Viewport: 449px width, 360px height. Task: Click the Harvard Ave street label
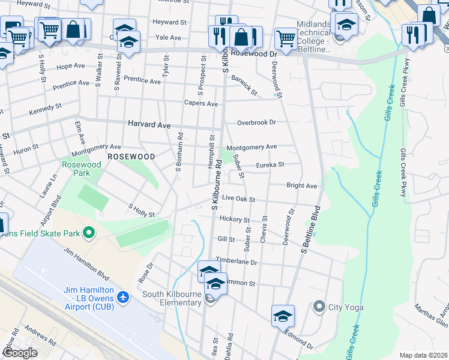pos(149,125)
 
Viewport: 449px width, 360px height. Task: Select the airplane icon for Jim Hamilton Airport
pos(123,297)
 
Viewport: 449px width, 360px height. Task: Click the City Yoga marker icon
pos(319,307)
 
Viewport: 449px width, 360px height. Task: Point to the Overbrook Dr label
pos(256,122)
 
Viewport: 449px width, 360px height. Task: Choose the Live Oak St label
pos(238,199)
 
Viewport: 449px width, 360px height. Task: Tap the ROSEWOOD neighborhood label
pos(131,156)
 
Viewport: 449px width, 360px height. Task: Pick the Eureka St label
pos(270,164)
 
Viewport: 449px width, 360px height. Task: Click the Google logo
pos(20,352)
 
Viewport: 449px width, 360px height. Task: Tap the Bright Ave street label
pos(301,186)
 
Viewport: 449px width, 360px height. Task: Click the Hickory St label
pos(234,219)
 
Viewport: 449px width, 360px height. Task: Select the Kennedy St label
pos(46,110)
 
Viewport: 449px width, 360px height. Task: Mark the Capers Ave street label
pos(201,103)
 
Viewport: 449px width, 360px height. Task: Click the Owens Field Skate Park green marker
pos(89,232)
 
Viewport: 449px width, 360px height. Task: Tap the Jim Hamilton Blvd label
pos(86,264)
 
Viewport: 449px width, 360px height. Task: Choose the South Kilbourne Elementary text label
pos(172,298)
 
